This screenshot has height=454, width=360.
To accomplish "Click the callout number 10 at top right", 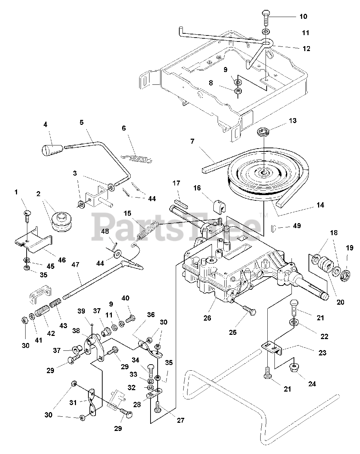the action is click(304, 16).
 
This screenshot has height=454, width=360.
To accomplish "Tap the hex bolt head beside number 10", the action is click(266, 13).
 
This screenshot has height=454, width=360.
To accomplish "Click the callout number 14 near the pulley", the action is click(320, 205).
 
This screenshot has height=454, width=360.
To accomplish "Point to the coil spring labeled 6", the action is click(136, 159).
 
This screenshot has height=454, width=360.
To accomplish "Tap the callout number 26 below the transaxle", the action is click(207, 318).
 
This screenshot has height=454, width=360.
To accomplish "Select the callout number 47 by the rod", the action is click(75, 265).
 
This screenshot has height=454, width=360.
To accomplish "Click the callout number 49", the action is click(297, 226).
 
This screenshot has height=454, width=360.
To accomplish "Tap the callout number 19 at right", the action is click(350, 248).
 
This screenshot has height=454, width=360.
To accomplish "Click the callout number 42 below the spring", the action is click(51, 333).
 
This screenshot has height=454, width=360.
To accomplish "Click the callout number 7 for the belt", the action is click(192, 141).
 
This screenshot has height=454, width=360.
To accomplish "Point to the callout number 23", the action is click(322, 353).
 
